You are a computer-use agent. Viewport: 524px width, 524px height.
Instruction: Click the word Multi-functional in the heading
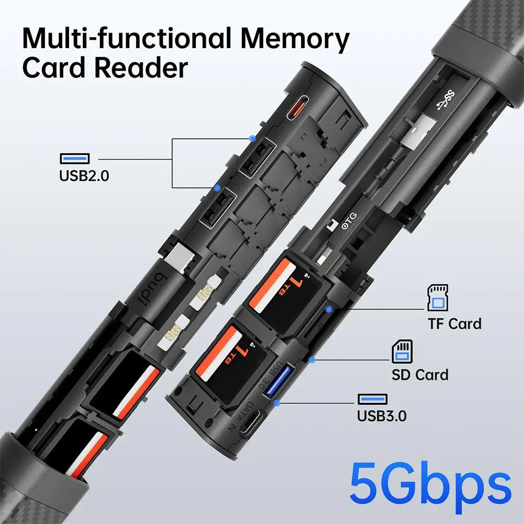pyautogui.click(x=129, y=40)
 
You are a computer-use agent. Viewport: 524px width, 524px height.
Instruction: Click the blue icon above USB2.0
pyautogui.click(x=74, y=158)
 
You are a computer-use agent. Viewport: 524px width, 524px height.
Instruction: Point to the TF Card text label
pyautogui.click(x=454, y=324)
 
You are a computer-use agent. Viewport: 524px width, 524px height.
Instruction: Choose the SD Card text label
pyautogui.click(x=420, y=375)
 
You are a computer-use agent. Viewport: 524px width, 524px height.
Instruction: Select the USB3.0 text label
pyautogui.click(x=382, y=416)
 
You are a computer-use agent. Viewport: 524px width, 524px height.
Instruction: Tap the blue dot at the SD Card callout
pyautogui.click(x=312, y=360)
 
